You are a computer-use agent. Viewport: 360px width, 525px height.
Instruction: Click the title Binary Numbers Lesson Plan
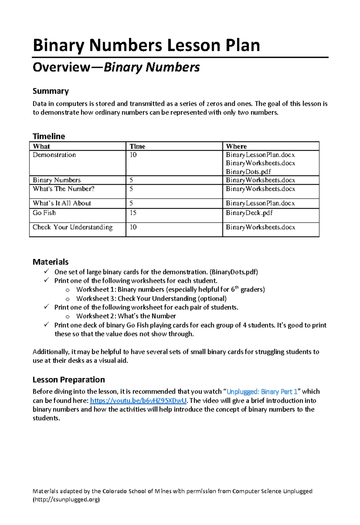coord(146,46)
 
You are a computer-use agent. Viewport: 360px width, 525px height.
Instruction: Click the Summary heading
coord(51,91)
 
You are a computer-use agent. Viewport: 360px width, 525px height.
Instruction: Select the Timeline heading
coord(49,136)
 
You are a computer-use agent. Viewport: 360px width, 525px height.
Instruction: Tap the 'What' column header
coord(41,146)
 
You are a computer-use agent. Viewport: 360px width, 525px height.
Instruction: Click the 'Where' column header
coord(236,146)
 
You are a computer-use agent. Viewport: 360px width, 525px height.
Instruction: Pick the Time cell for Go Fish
coord(133,213)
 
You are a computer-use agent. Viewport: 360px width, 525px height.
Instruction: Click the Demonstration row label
coord(54,155)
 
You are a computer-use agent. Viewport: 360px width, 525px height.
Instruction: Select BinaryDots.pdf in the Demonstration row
coord(248,172)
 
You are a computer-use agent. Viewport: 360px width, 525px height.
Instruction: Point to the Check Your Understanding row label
coord(73,227)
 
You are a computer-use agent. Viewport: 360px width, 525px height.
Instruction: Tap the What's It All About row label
coord(62,203)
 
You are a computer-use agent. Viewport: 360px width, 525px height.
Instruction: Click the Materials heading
coord(50,262)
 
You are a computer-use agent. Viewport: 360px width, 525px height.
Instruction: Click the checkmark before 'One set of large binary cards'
coord(46,271)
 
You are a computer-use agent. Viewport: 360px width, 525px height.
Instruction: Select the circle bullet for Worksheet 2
coord(67,316)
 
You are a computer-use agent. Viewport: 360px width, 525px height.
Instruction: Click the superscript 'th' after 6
coord(237,287)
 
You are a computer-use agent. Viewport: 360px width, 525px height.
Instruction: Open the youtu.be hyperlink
coord(138,401)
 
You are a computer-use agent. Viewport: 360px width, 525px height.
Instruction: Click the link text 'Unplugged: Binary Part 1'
coord(262,392)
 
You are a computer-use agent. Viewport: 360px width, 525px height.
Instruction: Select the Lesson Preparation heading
coord(69,380)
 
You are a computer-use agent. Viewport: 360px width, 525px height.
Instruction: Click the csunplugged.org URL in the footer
coord(66,499)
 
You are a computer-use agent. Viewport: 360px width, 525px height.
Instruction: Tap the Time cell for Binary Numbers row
coord(131,180)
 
